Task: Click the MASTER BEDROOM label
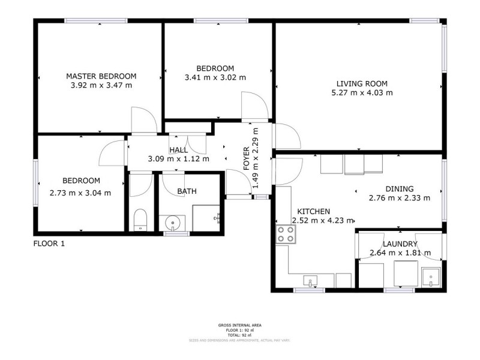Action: [101, 76]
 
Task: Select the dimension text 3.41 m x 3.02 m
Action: [215, 77]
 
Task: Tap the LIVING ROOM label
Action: [362, 83]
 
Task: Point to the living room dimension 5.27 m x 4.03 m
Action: [362, 92]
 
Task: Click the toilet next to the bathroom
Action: [139, 220]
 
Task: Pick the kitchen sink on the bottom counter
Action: [310, 280]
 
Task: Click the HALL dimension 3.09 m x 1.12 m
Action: [178, 159]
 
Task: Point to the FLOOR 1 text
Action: [48, 244]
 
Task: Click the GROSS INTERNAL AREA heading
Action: [239, 325]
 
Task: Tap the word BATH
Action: [187, 191]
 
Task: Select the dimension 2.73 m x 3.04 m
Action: [80, 193]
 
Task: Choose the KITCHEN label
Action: [311, 212]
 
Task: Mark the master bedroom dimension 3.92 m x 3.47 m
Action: [101, 85]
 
